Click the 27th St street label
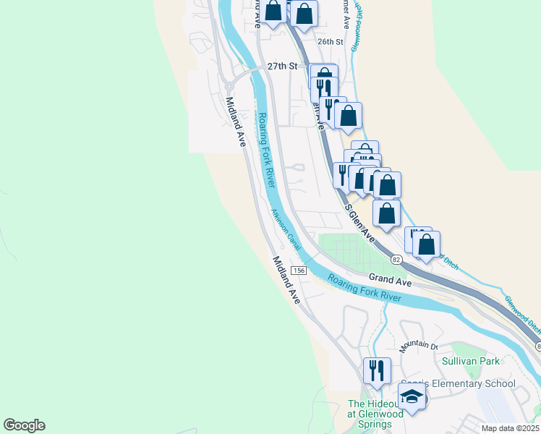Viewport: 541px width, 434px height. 282,66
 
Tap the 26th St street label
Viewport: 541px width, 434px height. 329,42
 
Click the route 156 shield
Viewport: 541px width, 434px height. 299,270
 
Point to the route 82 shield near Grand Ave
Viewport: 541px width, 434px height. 396,259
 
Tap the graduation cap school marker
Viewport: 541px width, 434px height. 412,396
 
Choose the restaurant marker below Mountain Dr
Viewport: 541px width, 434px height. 377,370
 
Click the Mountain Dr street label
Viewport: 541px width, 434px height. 419,344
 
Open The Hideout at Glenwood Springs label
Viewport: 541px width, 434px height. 376,410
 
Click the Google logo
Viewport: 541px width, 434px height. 24,425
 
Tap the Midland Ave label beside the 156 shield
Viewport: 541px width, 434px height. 286,279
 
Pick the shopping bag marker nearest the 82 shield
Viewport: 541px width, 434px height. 427,244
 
